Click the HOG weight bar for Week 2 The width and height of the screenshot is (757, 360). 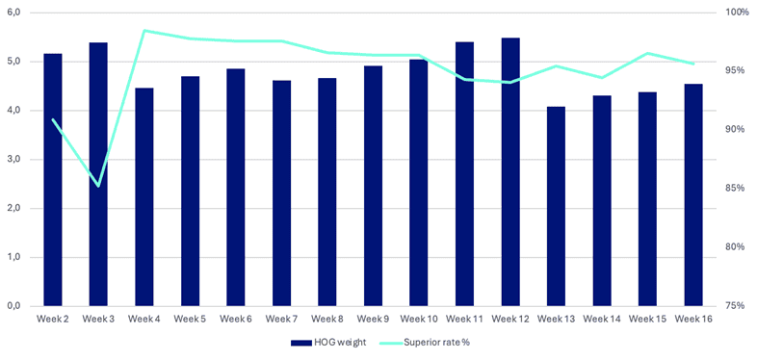53,180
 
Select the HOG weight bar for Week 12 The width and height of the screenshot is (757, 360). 510,172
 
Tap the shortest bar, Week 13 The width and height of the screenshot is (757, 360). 556,207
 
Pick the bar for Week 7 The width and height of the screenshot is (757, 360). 281,193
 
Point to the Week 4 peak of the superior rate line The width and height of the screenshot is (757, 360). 144,31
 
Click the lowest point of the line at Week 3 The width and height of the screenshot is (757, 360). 98,186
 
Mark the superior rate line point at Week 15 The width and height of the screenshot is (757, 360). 648,53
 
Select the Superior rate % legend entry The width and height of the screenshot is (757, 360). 425,343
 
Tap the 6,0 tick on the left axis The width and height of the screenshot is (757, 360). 13,13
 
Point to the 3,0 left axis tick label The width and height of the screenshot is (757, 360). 13,160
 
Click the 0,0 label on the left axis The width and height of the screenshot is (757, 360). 13,306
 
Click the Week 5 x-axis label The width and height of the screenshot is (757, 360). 191,319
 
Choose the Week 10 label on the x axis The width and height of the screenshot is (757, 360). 419,319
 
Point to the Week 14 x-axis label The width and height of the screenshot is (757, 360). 602,319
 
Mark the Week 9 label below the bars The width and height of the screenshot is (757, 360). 373,319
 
